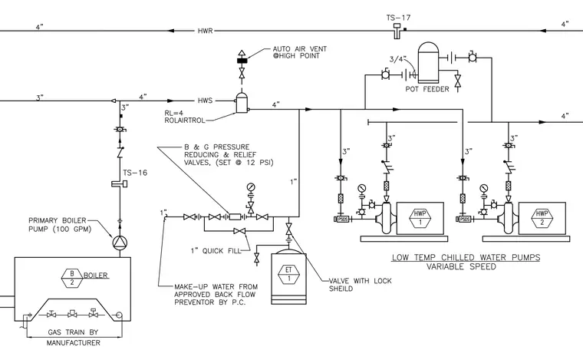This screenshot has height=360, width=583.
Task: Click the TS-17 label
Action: coord(398,18)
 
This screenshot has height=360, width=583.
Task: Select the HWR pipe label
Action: coord(206,31)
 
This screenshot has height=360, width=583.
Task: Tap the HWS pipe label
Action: coord(206,101)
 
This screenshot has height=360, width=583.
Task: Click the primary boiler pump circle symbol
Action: coord(120,243)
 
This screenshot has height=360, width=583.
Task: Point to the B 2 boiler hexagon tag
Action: coord(72,278)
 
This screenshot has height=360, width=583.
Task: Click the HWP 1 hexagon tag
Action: coord(420,218)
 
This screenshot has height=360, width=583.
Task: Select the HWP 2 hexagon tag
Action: coord(542,218)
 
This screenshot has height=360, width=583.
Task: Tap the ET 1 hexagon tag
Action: coord(288,274)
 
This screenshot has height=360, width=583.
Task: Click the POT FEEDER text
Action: coord(427,89)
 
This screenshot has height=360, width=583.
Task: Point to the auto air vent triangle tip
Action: coord(242,49)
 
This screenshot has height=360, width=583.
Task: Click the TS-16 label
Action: coord(135,173)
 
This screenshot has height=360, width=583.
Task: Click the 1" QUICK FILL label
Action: coord(216,251)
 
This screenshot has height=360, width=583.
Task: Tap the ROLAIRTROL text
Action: coord(185,121)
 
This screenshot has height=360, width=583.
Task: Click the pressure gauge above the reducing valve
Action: coord(251,187)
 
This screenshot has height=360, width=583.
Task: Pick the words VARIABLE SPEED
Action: coord(461,266)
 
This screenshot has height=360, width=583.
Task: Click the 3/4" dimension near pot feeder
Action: coord(398,59)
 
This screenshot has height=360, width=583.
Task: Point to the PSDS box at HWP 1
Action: coord(342,220)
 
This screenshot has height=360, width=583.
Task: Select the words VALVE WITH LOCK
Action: coord(361,281)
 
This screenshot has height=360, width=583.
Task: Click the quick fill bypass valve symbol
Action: coord(239,231)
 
